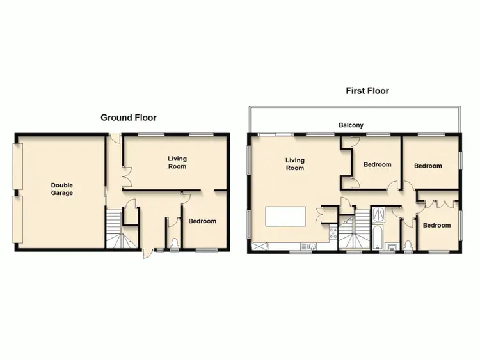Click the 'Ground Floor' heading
pos(129,118)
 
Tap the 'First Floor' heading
pos(367,91)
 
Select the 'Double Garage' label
pos(62,189)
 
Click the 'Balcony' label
pos(351,125)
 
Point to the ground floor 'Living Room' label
pos(177,162)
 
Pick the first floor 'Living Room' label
pos(294,164)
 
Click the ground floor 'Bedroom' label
pos(202,221)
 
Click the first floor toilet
pos(408,244)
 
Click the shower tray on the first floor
pos(379,213)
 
